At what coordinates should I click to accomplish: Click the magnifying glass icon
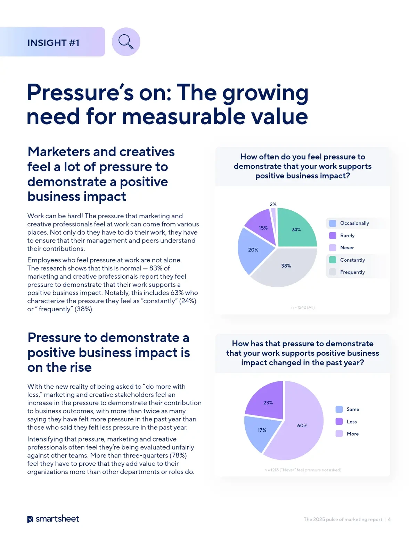126,42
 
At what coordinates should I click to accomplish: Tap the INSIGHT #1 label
54,43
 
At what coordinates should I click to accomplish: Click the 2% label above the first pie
273,204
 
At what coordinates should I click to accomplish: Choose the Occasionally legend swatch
333,223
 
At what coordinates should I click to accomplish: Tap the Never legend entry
347,247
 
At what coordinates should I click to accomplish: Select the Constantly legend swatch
333,260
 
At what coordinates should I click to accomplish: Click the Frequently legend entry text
352,272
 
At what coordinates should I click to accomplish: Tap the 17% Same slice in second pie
261,430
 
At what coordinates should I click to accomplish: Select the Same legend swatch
339,409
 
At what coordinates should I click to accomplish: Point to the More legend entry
352,434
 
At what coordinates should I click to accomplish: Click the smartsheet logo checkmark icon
30,519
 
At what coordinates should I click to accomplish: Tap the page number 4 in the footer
389,519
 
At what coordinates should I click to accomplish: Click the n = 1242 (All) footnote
303,307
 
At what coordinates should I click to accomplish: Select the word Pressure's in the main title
80,93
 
